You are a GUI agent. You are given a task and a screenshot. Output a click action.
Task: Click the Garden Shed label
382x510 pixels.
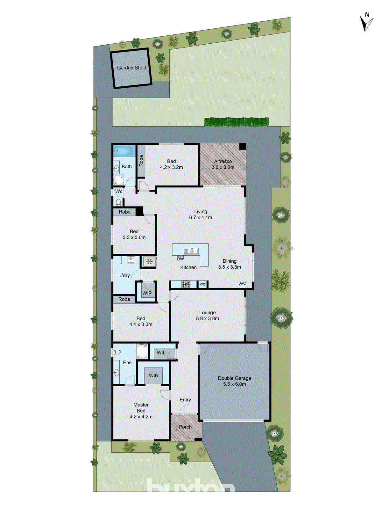click(131, 68)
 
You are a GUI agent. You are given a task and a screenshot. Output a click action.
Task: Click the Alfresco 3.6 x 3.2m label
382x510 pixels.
click(223, 164)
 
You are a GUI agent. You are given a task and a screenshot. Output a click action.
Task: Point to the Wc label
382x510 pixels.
click(119, 192)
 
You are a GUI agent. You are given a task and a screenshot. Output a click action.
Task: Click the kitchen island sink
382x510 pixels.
click(190, 251)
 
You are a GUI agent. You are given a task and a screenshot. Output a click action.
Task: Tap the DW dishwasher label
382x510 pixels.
click(180, 259)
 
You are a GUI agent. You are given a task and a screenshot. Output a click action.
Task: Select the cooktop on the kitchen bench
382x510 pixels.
click(186, 284)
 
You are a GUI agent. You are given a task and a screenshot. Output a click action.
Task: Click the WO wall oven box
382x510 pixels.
click(202, 284)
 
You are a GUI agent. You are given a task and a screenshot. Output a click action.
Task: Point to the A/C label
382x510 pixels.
click(243, 283)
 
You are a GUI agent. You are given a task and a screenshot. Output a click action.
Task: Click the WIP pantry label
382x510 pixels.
click(147, 293)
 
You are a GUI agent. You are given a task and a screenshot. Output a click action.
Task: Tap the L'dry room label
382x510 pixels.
click(124, 275)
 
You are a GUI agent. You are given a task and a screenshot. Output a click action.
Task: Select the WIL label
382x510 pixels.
click(161, 353)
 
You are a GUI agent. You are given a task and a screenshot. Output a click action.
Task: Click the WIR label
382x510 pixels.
click(153, 375)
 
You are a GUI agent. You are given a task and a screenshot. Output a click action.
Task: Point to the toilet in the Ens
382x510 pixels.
click(117, 352)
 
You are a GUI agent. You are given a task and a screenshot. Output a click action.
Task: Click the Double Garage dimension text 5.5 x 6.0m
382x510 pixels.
click(235, 384)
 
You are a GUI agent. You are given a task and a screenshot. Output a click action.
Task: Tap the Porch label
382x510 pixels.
click(185, 427)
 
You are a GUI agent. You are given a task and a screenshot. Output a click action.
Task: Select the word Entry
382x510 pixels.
click(185, 400)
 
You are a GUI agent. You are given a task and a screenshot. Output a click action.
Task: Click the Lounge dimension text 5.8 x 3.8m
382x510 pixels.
click(208, 318)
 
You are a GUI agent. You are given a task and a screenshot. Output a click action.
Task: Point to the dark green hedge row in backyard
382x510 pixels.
click(236, 121)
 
